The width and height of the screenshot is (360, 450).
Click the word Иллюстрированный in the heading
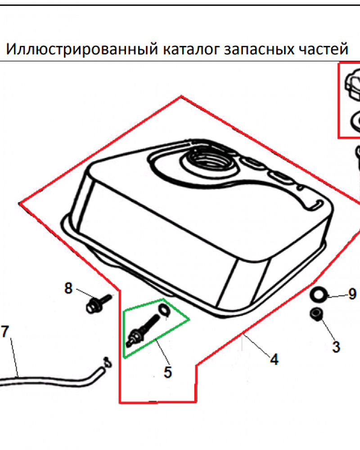[82, 49]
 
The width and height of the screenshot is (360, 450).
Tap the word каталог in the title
[192, 49]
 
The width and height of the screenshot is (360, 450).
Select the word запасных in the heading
[259, 49]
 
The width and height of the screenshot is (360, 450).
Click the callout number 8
[68, 288]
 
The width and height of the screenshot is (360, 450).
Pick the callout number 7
[5, 332]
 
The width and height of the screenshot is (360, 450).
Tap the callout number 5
[168, 372]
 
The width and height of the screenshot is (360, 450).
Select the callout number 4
[274, 359]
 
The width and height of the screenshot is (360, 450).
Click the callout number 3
[336, 346]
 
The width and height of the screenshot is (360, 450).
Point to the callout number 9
[352, 294]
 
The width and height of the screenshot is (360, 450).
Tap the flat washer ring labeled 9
[319, 294]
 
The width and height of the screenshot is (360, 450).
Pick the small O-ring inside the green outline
[164, 310]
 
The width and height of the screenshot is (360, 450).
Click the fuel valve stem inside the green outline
[142, 330]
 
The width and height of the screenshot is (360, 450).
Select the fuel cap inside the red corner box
[352, 85]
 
